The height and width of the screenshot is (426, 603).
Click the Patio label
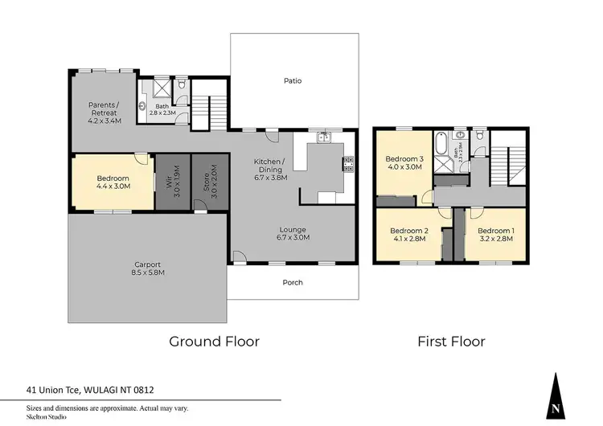pos(293,80)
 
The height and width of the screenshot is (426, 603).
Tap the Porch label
pos(293,282)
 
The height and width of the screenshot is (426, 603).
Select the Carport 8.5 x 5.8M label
pos(147,268)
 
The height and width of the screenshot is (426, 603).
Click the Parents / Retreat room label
pos(104,113)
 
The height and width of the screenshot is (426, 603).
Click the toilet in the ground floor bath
pos(183,84)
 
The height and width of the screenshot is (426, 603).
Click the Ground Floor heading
pos(214,342)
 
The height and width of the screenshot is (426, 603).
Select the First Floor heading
pos(451,342)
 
